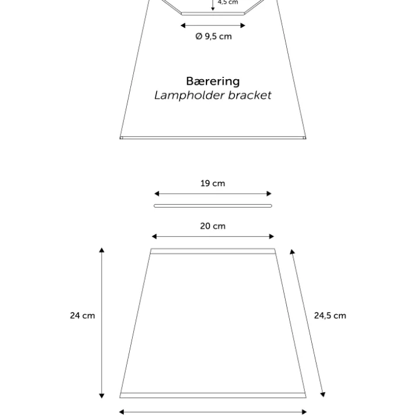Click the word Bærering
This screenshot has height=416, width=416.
point(213,81)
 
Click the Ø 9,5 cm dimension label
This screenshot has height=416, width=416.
point(214,36)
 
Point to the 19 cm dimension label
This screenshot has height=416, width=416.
point(213,183)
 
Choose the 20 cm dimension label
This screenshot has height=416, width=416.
point(213,226)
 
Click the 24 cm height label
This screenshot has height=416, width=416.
point(83,315)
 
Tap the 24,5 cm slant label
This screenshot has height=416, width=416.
point(330,315)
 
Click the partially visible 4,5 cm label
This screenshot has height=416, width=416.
point(227,2)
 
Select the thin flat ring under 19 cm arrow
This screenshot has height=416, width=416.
point(213,205)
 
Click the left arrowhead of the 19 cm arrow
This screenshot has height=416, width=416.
point(157,194)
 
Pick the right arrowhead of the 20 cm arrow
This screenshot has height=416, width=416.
point(272,236)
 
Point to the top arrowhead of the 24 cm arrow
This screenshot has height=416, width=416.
point(102,250)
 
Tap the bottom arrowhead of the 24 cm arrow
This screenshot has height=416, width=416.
point(102,396)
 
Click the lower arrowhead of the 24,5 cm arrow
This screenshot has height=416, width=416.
point(322,394)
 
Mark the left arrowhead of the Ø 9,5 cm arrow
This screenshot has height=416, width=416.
point(183,26)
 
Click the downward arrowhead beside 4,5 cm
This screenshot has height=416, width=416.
point(212,9)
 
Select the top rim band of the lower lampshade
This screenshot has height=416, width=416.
point(213,251)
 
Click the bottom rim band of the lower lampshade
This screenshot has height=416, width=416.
point(213,395)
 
